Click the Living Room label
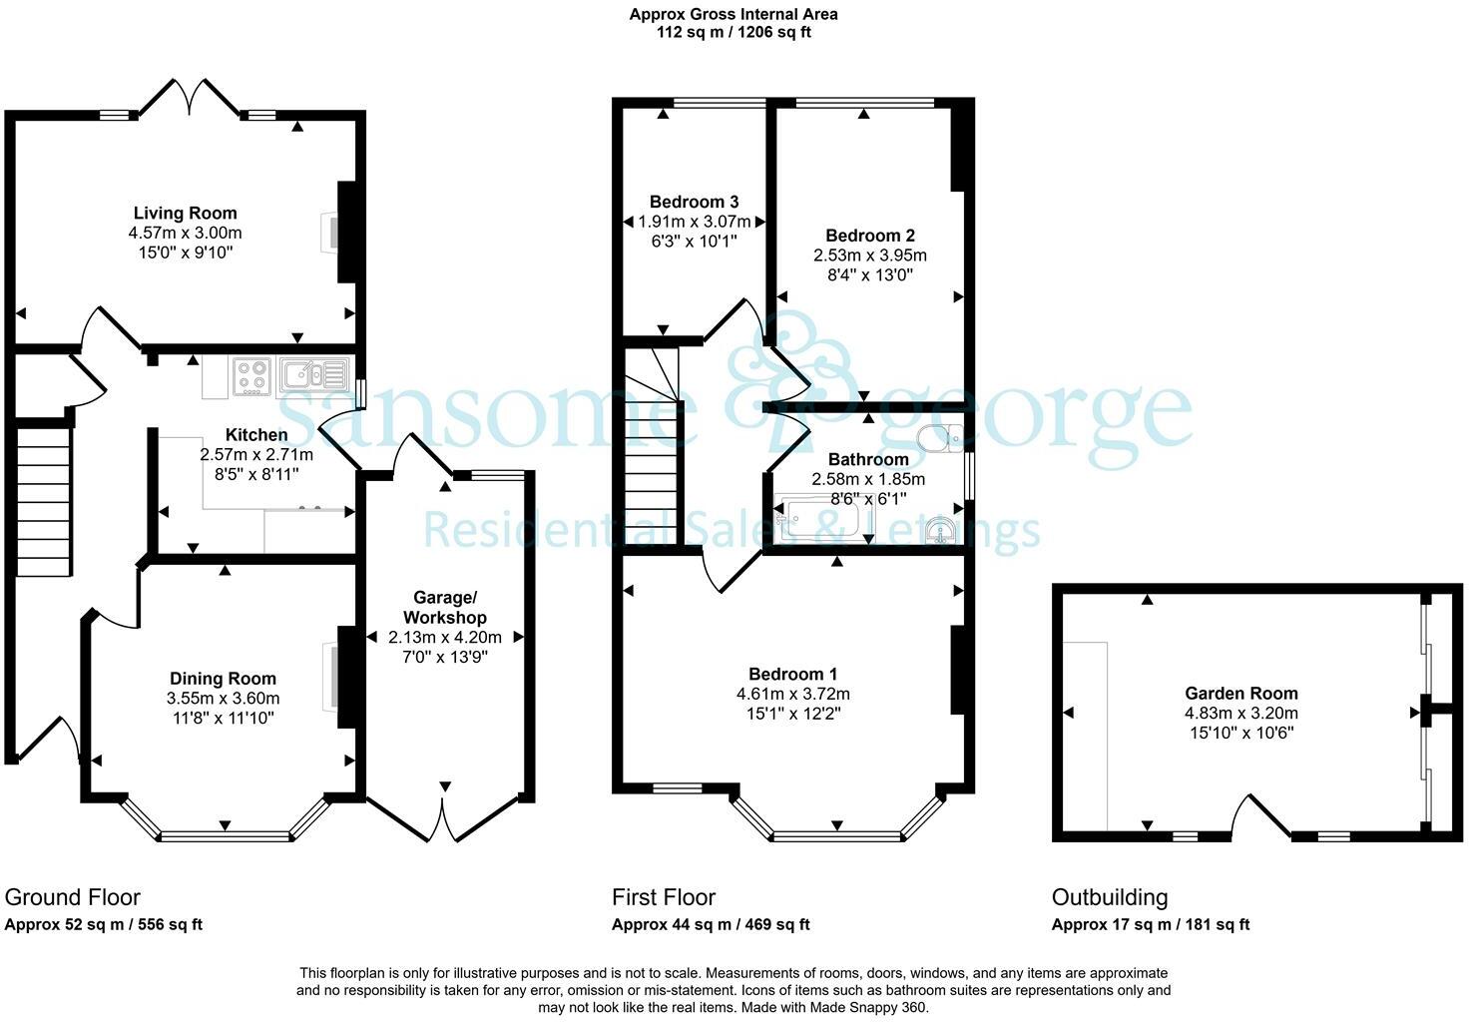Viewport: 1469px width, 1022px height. [x=186, y=213]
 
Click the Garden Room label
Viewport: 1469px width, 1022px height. [x=1241, y=693]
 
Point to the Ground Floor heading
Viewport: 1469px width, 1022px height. [x=73, y=897]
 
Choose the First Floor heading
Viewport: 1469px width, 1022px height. [x=664, y=897]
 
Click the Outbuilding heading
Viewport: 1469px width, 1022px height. [x=1110, y=897]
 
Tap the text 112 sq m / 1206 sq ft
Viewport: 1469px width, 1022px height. [x=734, y=32]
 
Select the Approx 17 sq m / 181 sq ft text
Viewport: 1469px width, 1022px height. [x=1150, y=924]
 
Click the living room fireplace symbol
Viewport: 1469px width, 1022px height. [x=330, y=232]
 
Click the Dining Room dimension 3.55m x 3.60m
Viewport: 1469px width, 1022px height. [x=224, y=698]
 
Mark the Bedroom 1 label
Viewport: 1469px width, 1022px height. [x=793, y=674]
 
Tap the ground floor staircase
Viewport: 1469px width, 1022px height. [x=45, y=499]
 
